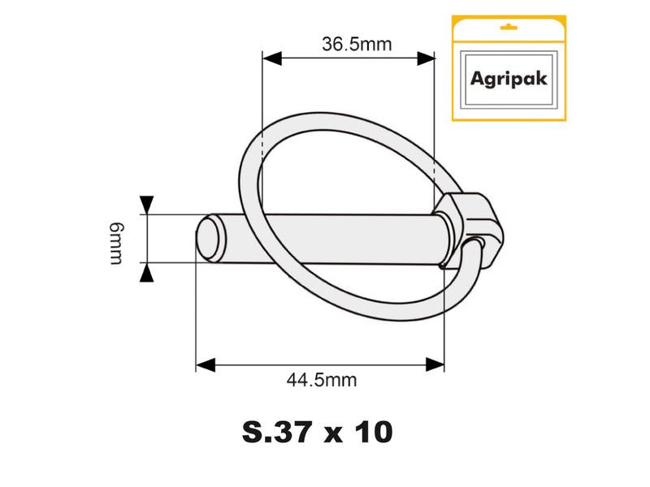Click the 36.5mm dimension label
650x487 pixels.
tap(349, 45)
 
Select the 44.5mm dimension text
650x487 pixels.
tap(321, 378)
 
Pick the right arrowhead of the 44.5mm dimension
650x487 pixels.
tap(436, 364)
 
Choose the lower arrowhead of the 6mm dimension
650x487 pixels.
tap(147, 274)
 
